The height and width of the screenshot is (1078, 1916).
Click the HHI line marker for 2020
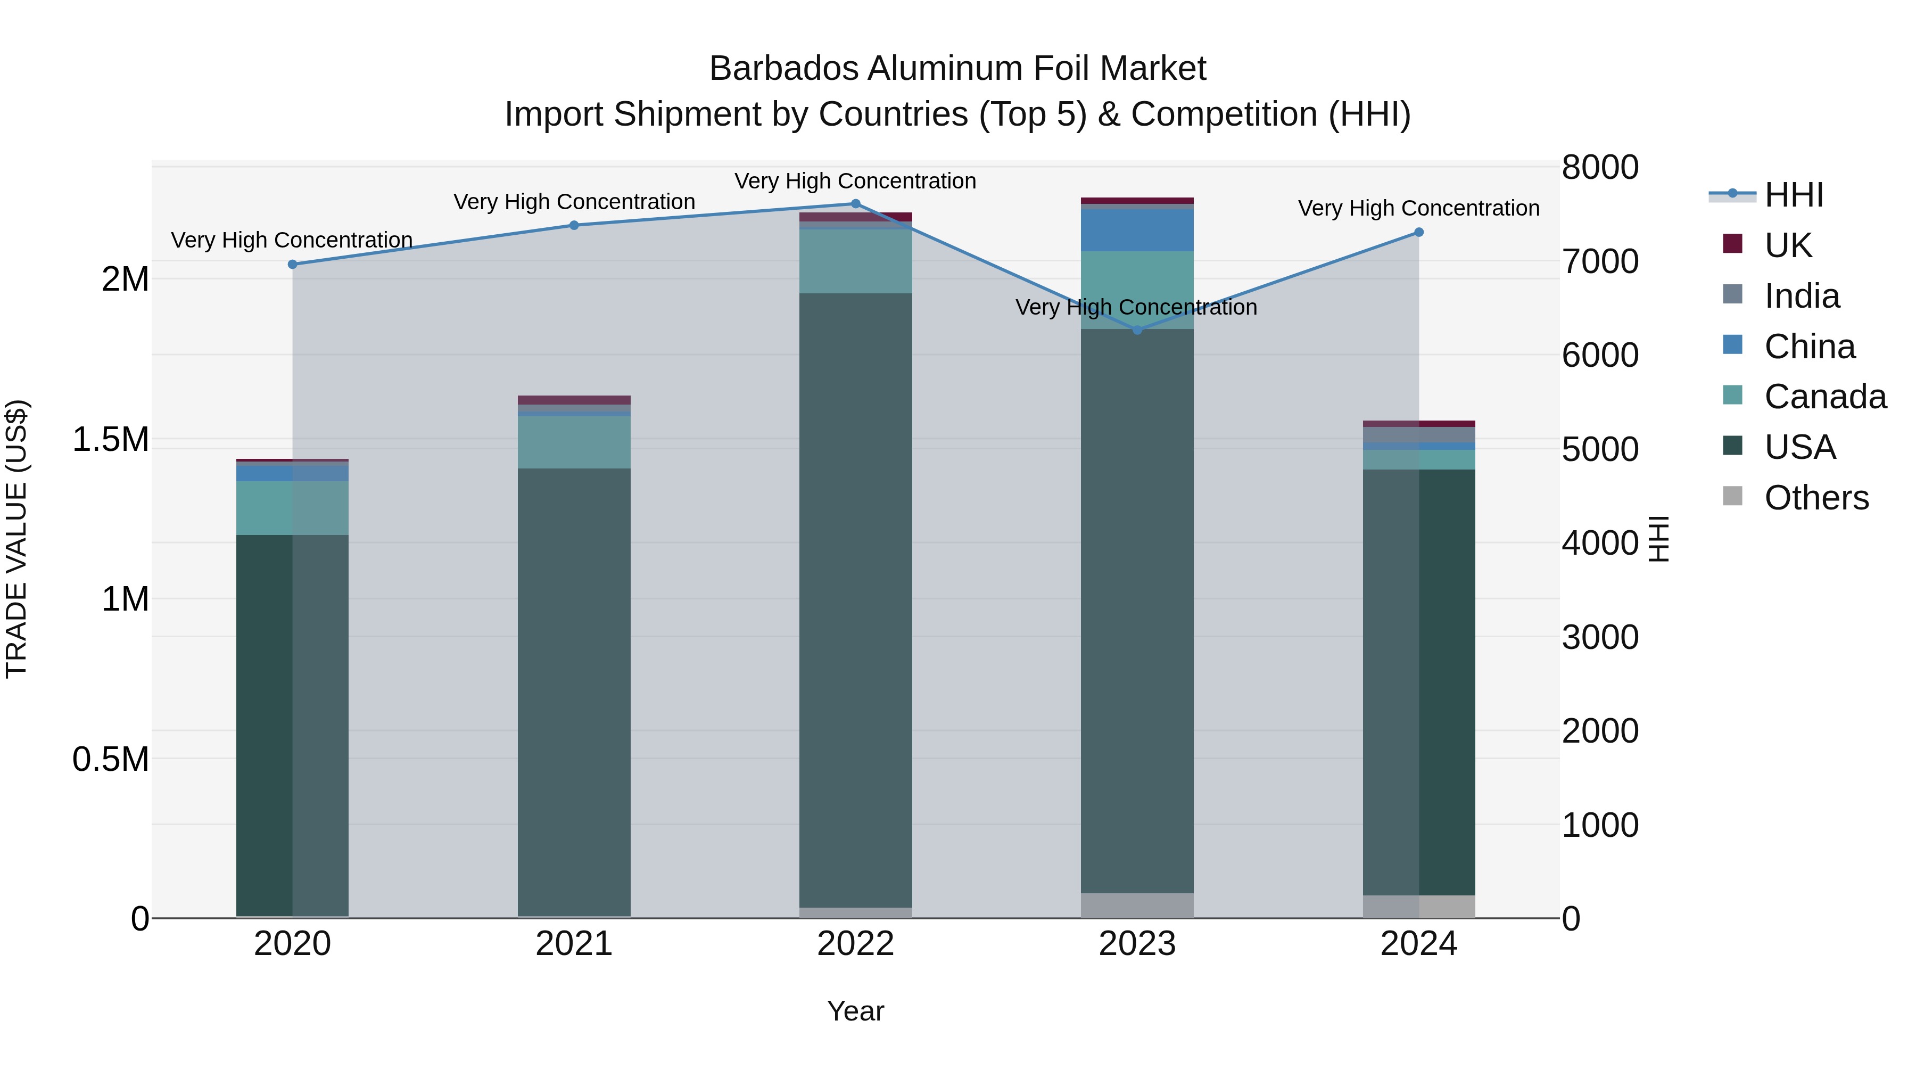point(292,264)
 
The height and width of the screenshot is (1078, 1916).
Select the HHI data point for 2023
point(1136,330)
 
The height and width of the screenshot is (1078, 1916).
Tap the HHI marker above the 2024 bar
point(1418,232)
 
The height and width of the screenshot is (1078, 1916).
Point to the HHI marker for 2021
point(573,225)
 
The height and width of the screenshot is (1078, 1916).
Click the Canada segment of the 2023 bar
point(1136,290)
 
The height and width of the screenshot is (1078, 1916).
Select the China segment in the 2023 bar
point(1136,230)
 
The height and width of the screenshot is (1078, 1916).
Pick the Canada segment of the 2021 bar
point(573,442)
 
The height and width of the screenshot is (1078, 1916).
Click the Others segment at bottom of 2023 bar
point(1136,906)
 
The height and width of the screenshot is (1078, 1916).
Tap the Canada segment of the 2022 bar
point(855,261)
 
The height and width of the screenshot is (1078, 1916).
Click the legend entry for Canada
point(1824,397)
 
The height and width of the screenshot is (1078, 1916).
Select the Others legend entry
point(1815,498)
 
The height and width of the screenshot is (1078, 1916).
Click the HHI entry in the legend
point(1793,195)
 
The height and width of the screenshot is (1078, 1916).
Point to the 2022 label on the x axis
point(855,944)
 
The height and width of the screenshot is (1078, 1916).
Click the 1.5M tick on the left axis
point(111,439)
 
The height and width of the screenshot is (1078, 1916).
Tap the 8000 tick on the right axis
point(1599,167)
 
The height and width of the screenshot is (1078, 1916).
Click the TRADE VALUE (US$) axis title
point(16,539)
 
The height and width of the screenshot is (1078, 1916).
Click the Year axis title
point(855,1011)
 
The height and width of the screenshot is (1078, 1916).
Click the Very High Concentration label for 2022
point(855,181)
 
